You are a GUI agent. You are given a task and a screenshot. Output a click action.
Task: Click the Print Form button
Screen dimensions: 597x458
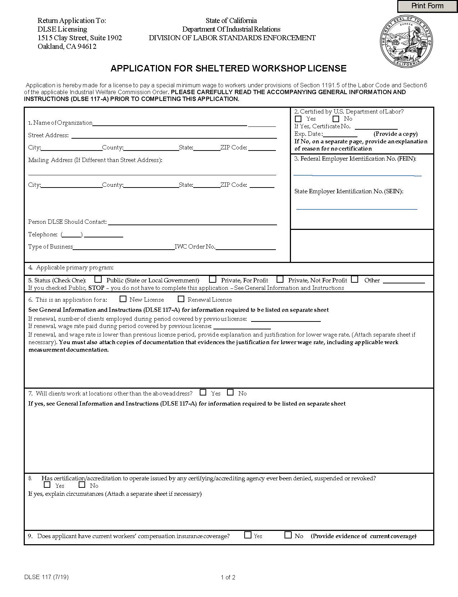pyautogui.click(x=427, y=6)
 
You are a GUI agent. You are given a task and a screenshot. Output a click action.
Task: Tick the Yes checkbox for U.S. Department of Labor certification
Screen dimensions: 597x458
pyautogui.click(x=298, y=119)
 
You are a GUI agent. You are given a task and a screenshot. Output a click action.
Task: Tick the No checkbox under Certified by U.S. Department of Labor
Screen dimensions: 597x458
pyautogui.click(x=336, y=119)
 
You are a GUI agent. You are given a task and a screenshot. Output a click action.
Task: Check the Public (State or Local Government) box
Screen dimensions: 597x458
pyautogui.click(x=98, y=279)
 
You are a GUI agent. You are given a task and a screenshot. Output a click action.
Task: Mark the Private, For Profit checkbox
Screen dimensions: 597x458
pyautogui.click(x=213, y=279)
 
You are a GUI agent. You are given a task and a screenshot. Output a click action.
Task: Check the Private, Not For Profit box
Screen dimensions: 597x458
pyautogui.click(x=280, y=279)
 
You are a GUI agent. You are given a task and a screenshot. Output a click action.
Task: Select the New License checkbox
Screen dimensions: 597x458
pyautogui.click(x=123, y=299)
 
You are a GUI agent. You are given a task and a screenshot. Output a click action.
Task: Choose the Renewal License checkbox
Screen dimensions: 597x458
pyautogui.click(x=181, y=299)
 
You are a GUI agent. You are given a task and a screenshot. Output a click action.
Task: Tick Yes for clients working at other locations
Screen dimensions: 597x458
pyautogui.click(x=203, y=392)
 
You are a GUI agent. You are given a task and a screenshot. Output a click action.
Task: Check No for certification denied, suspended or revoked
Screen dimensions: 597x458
pyautogui.click(x=82, y=485)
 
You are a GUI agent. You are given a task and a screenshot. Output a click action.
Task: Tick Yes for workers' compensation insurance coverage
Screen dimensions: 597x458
pyautogui.click(x=247, y=535)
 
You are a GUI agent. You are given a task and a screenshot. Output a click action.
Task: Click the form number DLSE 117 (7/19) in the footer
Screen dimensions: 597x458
pyautogui.click(x=46, y=577)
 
